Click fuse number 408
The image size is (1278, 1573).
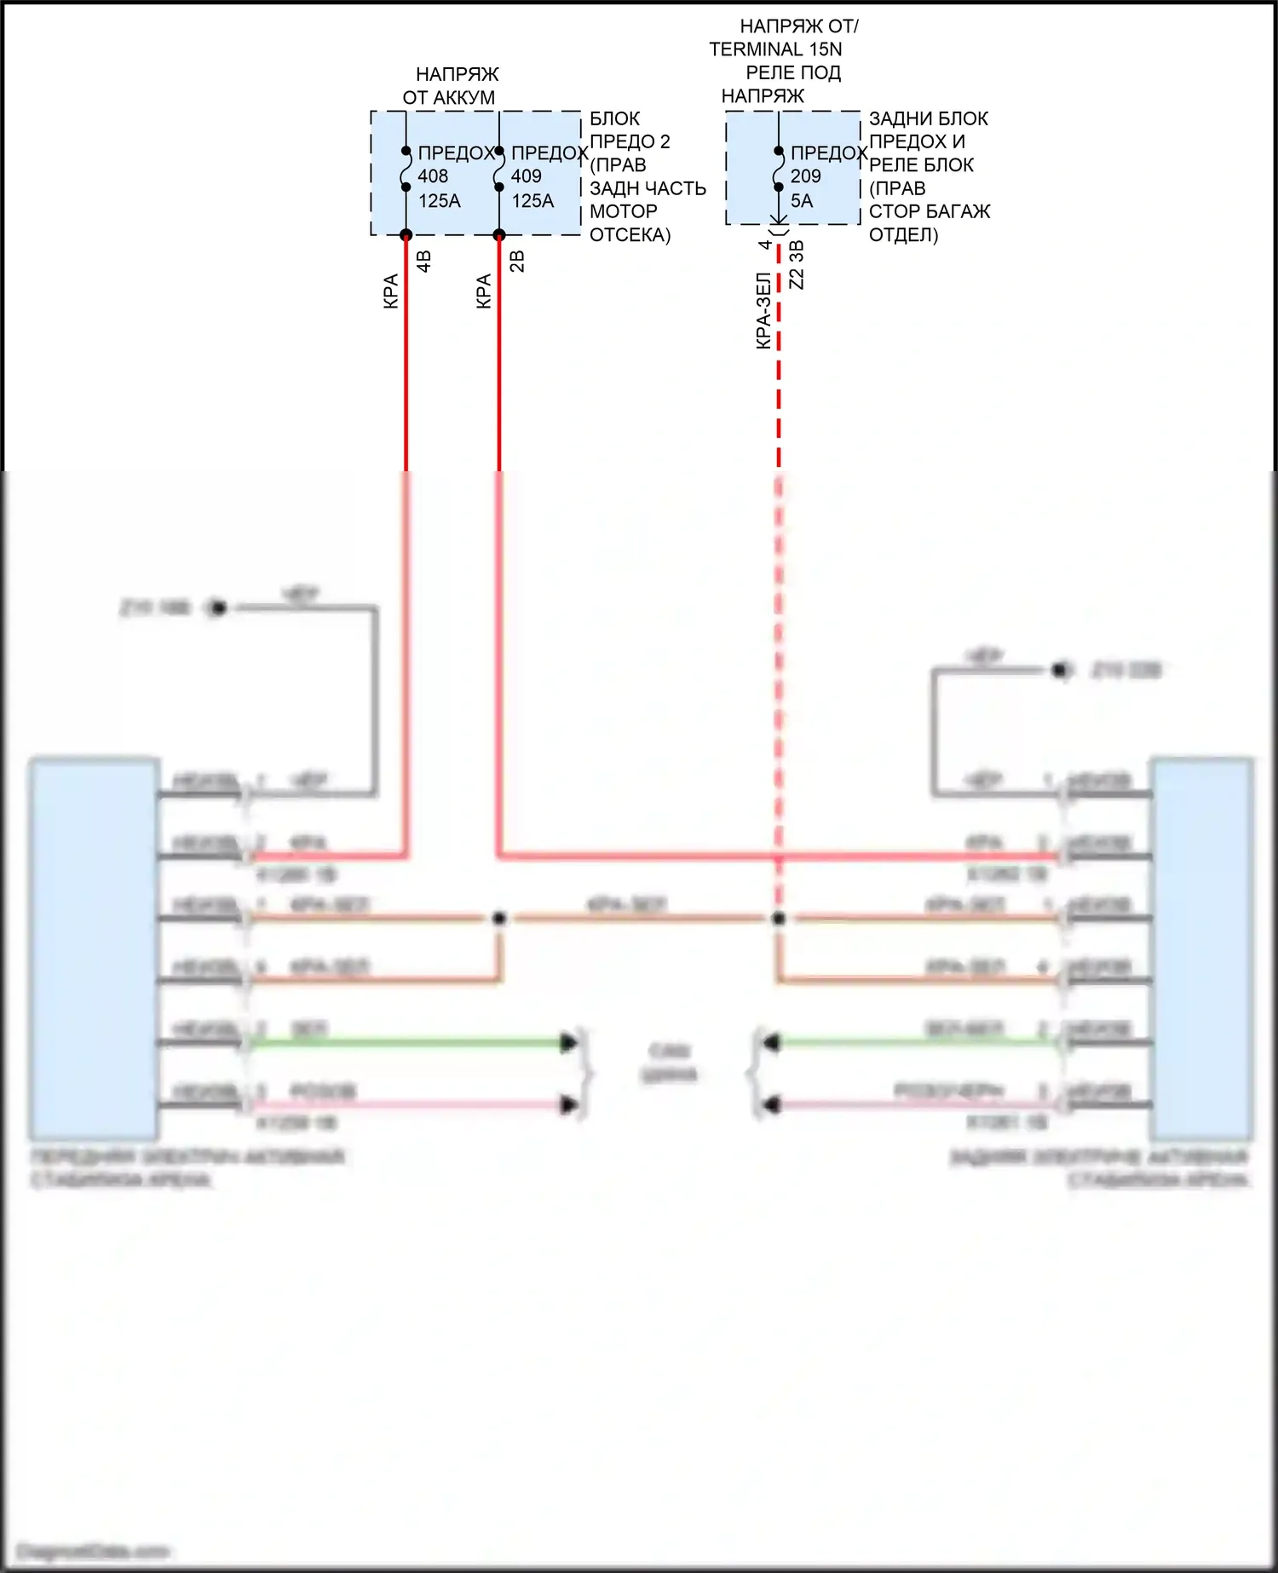433,176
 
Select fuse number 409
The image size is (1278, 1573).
527,176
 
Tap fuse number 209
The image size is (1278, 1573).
805,176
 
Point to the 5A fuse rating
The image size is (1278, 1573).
802,201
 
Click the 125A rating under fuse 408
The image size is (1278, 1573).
440,201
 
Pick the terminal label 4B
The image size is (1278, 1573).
424,261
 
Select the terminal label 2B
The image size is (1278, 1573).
517,261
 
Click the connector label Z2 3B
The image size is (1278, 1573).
797,264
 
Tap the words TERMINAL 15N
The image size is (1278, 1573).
775,49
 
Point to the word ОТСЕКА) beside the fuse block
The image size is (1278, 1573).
630,235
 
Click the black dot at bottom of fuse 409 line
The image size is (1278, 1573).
499,235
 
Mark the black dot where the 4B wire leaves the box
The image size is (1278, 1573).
406,235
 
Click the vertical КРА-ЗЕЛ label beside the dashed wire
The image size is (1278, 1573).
763,310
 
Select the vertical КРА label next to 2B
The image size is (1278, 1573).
484,291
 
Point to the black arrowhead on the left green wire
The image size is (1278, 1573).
568,1042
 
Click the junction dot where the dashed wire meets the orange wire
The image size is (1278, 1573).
778,919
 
